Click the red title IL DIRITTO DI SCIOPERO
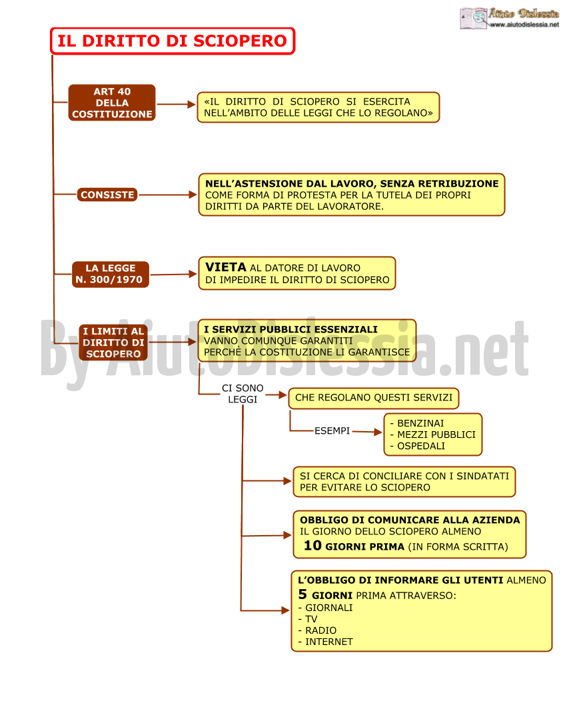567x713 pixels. (173, 41)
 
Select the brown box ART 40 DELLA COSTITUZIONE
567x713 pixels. (112, 103)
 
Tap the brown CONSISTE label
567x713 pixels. (107, 195)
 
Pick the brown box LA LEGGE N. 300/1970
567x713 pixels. (110, 274)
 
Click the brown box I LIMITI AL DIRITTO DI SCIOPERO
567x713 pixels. (113, 343)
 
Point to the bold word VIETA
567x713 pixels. (225, 267)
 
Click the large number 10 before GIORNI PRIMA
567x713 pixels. (312, 545)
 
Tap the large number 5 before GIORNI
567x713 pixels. (302, 594)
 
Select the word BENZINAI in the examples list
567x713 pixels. (420, 423)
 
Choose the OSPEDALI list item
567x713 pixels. (421, 446)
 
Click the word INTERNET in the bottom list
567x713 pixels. (328, 642)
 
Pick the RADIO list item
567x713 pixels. (320, 630)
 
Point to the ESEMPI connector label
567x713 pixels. (332, 430)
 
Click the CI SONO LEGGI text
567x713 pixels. (243, 394)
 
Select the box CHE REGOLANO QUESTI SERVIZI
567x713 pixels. (374, 398)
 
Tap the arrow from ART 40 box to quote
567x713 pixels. (177, 104)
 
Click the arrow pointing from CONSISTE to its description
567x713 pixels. (168, 195)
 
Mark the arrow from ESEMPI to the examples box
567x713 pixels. (367, 432)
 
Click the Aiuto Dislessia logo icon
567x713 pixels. (473, 18)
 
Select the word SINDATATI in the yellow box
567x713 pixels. (483, 476)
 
